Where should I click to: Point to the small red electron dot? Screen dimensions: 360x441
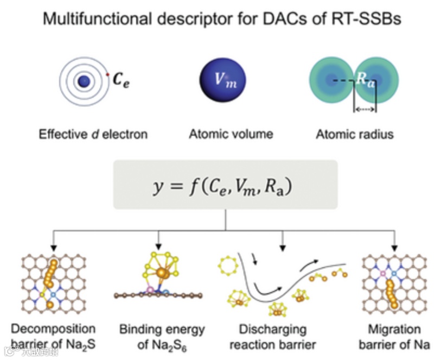108,74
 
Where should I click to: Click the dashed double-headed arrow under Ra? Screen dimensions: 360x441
365,109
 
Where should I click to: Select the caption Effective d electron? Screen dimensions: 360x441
93,134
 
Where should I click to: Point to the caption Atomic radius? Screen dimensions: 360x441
354,134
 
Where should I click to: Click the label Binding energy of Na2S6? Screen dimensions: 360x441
162,336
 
